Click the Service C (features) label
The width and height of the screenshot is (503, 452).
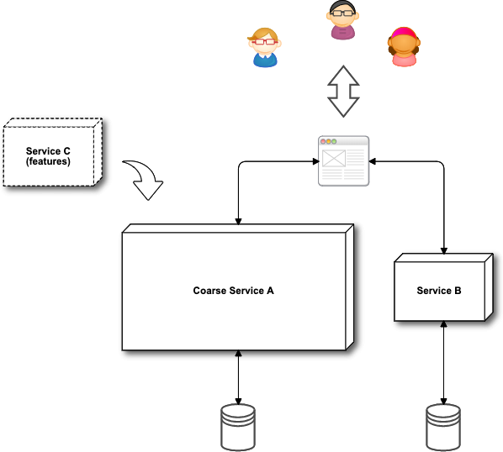coord(48,156)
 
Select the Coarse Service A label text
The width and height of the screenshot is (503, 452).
coord(233,291)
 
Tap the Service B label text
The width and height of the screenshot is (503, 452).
coord(439,291)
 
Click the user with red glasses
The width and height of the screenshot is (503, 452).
coord(265,47)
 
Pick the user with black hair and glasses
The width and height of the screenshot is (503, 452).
coord(342,20)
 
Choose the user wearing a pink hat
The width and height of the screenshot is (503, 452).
coord(404,47)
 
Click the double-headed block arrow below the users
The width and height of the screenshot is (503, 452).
coord(343,92)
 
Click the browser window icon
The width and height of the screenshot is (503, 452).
coord(343,160)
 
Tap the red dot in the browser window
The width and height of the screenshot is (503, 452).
coord(323,141)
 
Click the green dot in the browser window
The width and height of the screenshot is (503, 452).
coord(334,141)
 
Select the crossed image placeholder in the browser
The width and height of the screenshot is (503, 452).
coord(334,158)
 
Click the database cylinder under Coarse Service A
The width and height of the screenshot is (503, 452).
coord(238,428)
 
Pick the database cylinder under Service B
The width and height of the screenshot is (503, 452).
coord(443,428)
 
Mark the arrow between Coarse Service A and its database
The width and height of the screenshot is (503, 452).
coord(238,377)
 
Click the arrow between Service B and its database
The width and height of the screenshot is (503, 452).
coord(443,363)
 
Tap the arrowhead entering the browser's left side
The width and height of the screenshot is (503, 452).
coord(316,161)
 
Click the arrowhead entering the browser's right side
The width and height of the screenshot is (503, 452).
coord(373,161)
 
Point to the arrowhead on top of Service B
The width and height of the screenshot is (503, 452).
coord(443,251)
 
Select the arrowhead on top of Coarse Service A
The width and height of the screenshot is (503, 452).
coord(238,221)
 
